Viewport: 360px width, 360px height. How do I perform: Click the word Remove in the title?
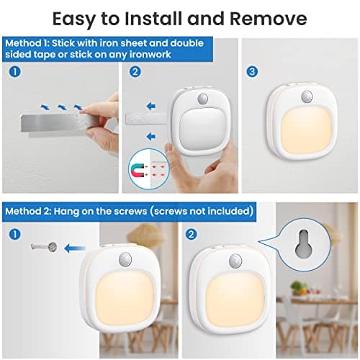point(269,19)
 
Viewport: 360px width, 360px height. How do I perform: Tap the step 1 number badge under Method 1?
point(14,71)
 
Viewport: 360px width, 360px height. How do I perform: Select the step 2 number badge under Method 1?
point(135,71)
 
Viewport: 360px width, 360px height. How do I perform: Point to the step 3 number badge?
point(252,71)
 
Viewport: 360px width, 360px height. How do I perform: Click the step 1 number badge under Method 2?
point(14,234)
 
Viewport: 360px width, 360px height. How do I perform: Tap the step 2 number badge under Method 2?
point(192,234)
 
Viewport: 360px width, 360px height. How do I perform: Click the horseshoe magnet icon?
point(138,169)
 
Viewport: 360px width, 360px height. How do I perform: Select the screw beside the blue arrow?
point(44,247)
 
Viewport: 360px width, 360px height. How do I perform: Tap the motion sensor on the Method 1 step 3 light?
point(307,96)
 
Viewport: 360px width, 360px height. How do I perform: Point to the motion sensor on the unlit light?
point(203,99)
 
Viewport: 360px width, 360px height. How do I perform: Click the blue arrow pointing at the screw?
point(75,248)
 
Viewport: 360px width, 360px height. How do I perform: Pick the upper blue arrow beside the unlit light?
point(151,106)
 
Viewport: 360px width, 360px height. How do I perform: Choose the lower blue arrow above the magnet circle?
point(150,137)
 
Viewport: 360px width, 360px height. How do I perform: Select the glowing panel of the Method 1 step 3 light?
point(306,132)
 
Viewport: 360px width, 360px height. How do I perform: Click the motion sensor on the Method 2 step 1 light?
point(125,259)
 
